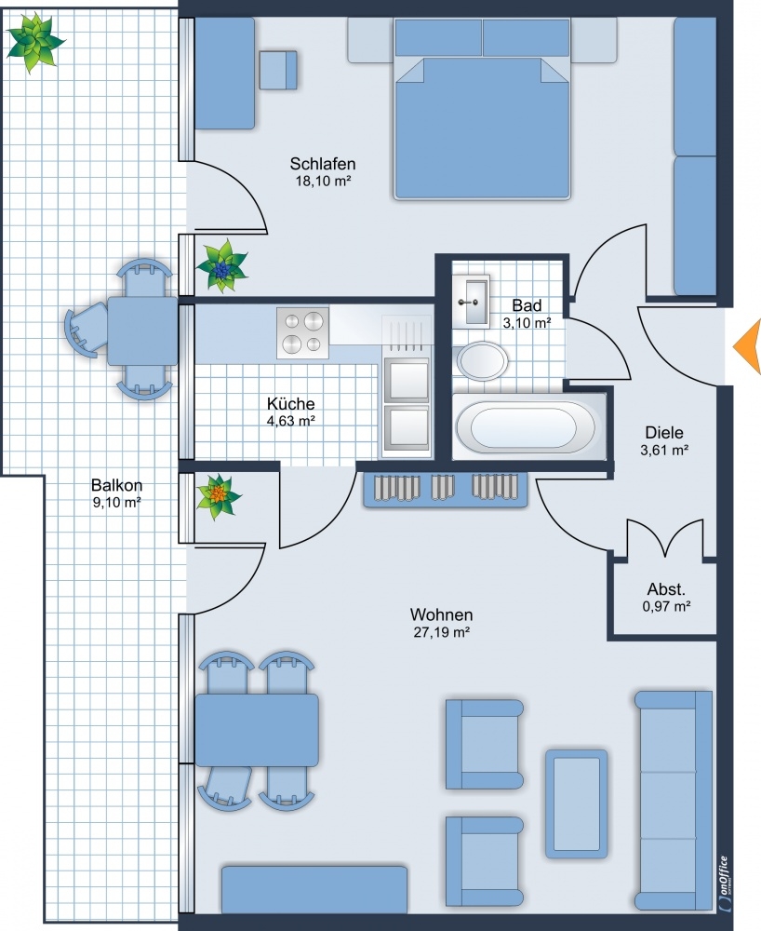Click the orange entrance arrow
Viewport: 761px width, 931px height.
pyautogui.click(x=750, y=346)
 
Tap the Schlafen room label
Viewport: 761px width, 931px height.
pyautogui.click(x=323, y=163)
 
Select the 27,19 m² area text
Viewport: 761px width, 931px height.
pyautogui.click(x=441, y=632)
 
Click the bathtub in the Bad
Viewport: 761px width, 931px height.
pyautogui.click(x=524, y=427)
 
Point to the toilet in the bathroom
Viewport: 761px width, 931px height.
pyautogui.click(x=481, y=359)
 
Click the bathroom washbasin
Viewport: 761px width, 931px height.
pyautogui.click(x=471, y=302)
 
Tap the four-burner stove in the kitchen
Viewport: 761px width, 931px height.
pyautogui.click(x=302, y=333)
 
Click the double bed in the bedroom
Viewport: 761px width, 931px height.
pyautogui.click(x=482, y=109)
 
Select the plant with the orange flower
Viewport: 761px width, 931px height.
pyautogui.click(x=219, y=496)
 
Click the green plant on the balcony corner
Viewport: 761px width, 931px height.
pyautogui.click(x=34, y=42)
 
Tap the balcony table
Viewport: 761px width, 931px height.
pyautogui.click(x=142, y=331)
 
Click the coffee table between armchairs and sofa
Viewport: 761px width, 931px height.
pyautogui.click(x=576, y=803)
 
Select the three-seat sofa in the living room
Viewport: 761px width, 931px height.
pyautogui.click(x=674, y=801)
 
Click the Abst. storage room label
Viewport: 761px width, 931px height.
pyautogui.click(x=666, y=589)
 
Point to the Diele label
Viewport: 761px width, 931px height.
pyautogui.click(x=664, y=432)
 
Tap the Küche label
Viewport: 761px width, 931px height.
pyautogui.click(x=290, y=404)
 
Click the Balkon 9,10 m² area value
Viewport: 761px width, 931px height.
pyautogui.click(x=117, y=503)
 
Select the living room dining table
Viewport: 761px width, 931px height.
pyautogui.click(x=256, y=730)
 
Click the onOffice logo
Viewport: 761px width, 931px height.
pyautogui.click(x=724, y=883)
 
